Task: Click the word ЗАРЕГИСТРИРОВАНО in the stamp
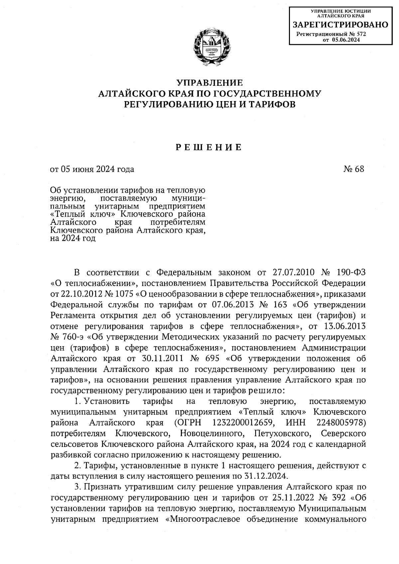[x=340, y=25]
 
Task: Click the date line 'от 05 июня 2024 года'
[x=92, y=169]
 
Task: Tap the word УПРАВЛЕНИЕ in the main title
[x=209, y=82]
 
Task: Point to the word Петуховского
[x=283, y=434]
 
